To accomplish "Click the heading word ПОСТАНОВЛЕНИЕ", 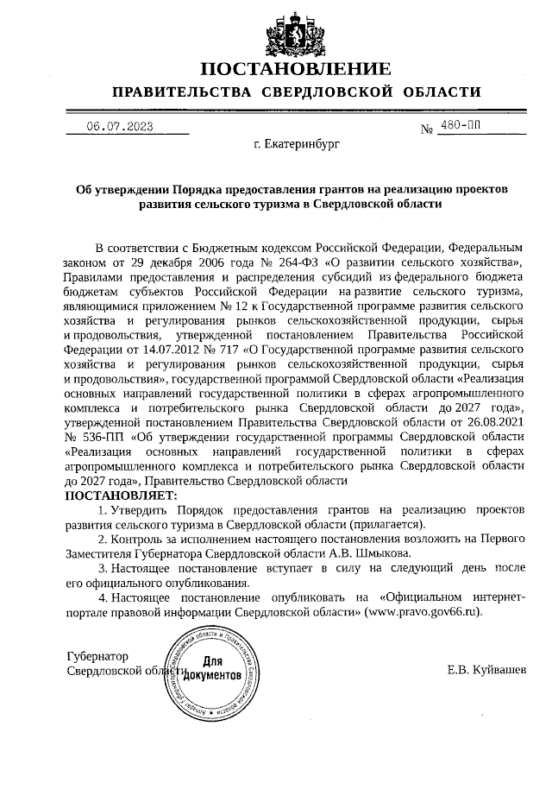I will pos(295,69).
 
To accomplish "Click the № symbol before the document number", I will pos(426,130).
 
